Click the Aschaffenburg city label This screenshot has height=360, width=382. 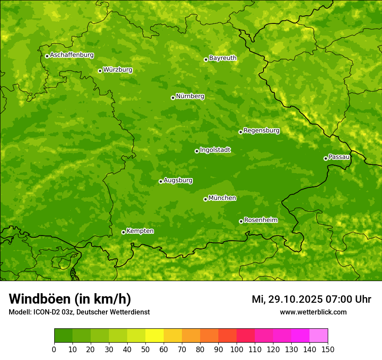(72, 55)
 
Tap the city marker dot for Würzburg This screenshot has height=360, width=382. (100, 71)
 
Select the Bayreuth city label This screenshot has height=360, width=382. (223, 58)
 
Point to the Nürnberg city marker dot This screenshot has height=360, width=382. (173, 98)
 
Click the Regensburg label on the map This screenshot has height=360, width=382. (261, 131)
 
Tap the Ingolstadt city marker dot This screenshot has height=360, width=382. (197, 151)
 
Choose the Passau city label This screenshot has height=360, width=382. (339, 157)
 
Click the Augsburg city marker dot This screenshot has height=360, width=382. (161, 181)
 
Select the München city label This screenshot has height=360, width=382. (222, 198)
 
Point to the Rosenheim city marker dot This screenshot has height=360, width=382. (241, 221)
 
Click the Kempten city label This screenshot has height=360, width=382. (140, 231)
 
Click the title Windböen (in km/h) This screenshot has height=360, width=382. (69, 299)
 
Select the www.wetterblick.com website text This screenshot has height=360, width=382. (313, 312)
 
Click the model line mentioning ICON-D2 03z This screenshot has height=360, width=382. (79, 312)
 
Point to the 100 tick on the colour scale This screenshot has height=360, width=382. (237, 349)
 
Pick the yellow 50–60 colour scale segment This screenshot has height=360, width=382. (155, 336)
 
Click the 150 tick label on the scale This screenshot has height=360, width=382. (328, 349)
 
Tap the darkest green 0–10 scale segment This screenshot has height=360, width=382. (63, 336)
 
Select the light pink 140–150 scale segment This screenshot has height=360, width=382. (319, 336)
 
